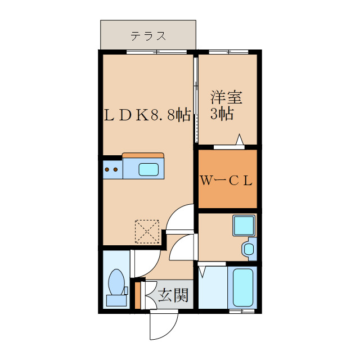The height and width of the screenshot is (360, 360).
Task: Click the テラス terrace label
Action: coord(148,37)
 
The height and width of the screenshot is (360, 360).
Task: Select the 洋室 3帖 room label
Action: coord(226,105)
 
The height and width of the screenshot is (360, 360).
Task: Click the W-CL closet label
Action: coord(226,181)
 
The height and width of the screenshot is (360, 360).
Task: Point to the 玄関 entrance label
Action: coord(172,295)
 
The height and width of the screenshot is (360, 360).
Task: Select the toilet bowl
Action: coord(117,281)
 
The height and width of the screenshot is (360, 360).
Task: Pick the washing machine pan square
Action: coord(245,226)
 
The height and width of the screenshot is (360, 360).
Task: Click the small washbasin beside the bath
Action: coord(248,248)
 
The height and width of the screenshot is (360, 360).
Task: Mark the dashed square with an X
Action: coord(146,231)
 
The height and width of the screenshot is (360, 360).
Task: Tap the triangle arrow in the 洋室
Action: coord(240,139)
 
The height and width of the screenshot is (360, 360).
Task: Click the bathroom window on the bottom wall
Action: coord(242,310)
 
